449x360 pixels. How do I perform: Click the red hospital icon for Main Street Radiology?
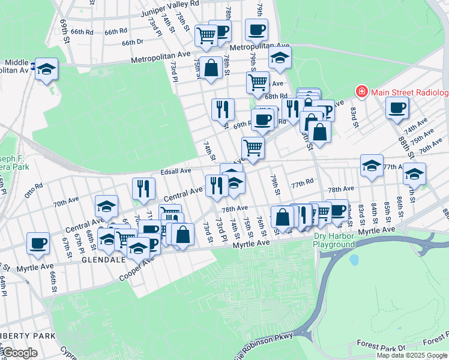pyautogui.click(x=361, y=92)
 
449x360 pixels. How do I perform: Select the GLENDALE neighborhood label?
pyautogui.click(x=105, y=261)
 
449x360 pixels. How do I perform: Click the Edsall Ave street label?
pyautogui.click(x=175, y=171)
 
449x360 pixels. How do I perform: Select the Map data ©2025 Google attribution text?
pyautogui.click(x=411, y=355)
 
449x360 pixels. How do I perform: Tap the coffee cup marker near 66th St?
pyautogui.click(x=38, y=244)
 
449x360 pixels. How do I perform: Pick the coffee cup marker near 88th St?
pyautogui.click(x=397, y=109)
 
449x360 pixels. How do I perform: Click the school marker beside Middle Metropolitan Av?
pyautogui.click(x=46, y=69)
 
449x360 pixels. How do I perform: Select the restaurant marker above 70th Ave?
pyautogui.click(x=143, y=188)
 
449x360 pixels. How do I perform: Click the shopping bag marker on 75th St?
pyautogui.click(x=211, y=68)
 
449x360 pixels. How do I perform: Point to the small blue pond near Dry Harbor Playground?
pyautogui.click(x=354, y=260)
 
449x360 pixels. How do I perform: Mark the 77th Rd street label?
pyautogui.click(x=302, y=181)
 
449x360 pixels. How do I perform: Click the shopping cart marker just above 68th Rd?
pyautogui.click(x=258, y=82)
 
